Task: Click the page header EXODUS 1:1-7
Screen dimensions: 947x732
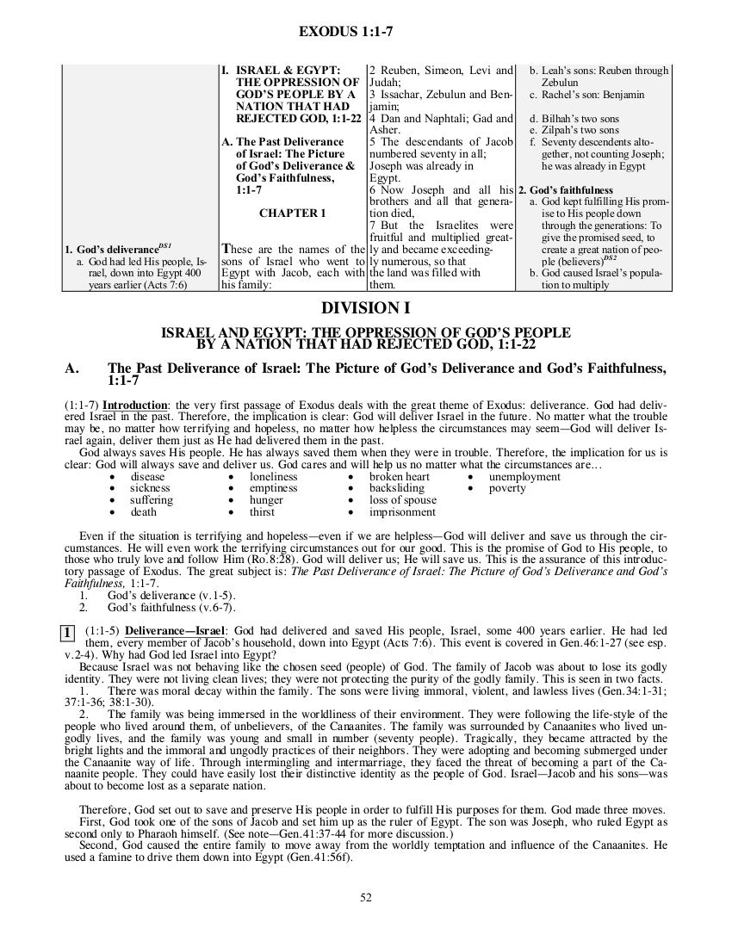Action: click(345, 32)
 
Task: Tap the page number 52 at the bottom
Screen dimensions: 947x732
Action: click(366, 898)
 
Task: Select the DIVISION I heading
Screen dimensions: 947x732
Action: click(366, 308)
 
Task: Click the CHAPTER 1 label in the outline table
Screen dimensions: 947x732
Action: click(293, 212)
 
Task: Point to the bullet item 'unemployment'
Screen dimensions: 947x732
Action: click(524, 476)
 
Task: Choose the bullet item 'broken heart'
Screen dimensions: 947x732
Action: click(400, 476)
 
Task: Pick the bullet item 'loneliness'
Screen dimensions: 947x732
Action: click(274, 476)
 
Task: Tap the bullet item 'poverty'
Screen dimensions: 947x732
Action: click(506, 488)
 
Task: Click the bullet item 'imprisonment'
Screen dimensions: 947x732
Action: click(402, 512)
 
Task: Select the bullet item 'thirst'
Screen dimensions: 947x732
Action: click(263, 512)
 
